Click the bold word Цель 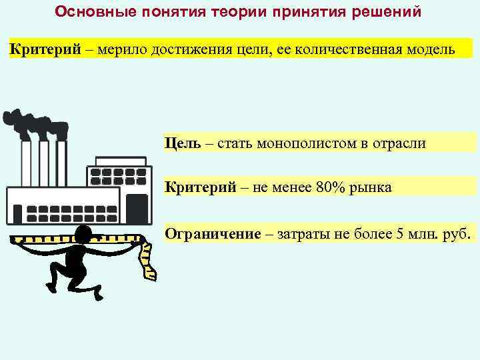click(180, 143)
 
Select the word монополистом click(281, 143)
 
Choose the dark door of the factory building click(136, 207)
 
